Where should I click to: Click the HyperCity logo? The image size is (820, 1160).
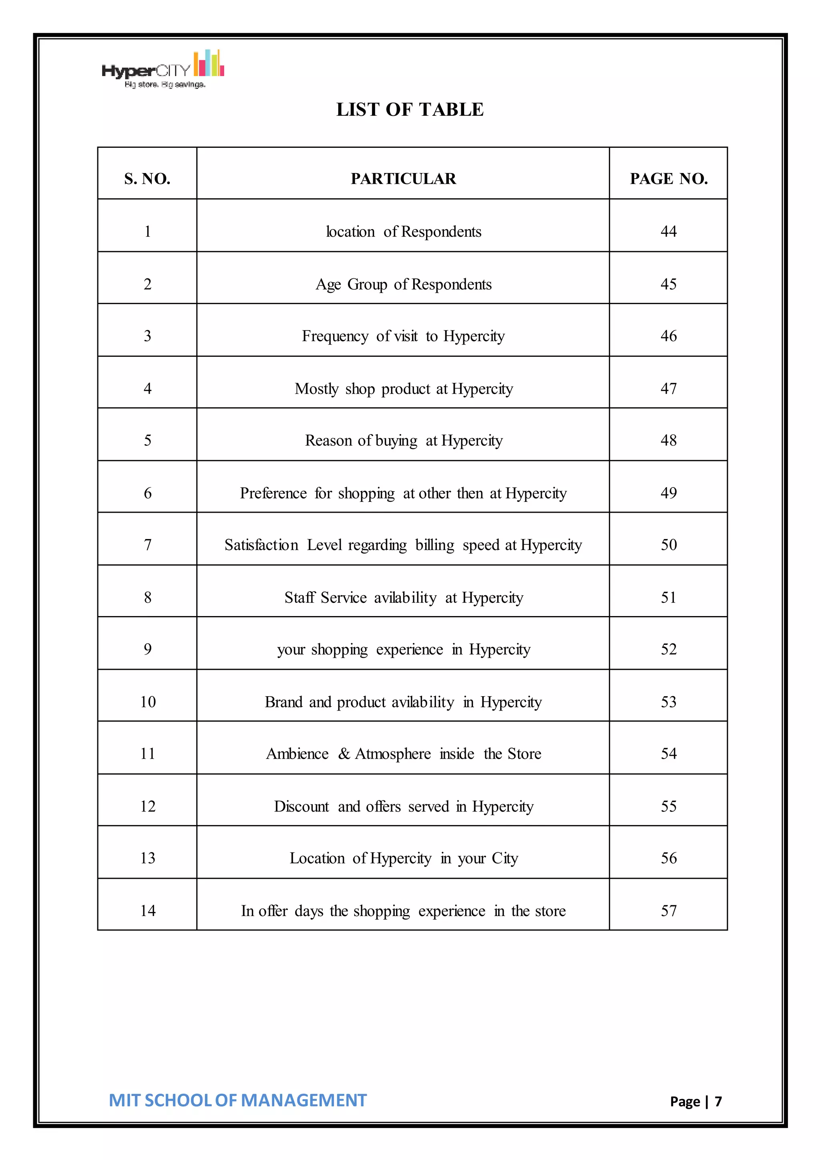click(163, 70)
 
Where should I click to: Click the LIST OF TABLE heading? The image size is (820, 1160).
click(410, 110)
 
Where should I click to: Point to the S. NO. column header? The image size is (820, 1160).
click(147, 179)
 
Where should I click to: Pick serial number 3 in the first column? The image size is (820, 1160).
click(147, 336)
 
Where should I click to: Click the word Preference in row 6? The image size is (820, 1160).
click(273, 493)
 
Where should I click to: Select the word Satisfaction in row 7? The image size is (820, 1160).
click(261, 545)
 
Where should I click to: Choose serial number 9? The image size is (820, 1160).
click(147, 649)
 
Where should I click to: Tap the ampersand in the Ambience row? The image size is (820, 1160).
click(344, 754)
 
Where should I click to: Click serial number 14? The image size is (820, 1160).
click(147, 911)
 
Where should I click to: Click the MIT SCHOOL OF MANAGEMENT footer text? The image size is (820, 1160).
click(237, 1100)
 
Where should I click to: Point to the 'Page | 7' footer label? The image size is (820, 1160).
click(695, 1102)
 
